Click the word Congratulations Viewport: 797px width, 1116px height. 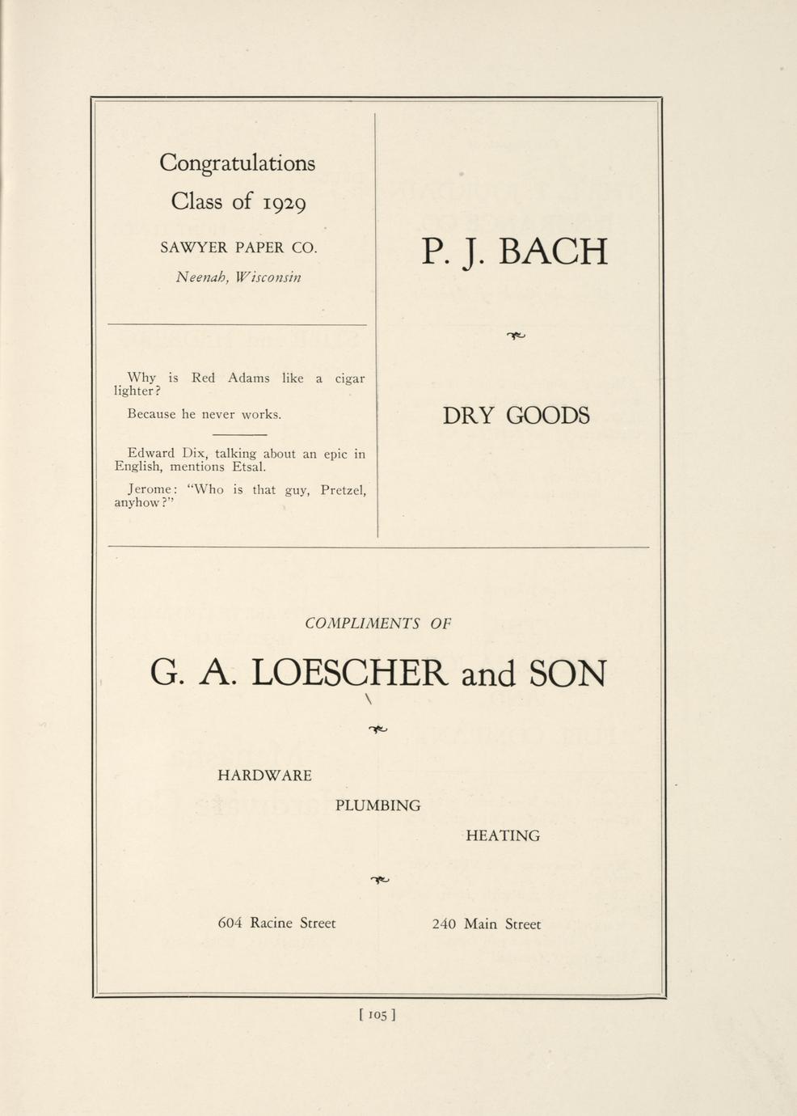237,163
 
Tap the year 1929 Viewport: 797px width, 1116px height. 285,202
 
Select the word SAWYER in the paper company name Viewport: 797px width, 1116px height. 193,247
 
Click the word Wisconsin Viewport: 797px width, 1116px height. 271,277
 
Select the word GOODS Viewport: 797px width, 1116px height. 548,416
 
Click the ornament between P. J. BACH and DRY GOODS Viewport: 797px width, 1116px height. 516,336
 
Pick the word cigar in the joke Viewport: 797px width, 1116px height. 349,378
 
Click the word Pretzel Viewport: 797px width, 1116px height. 343,490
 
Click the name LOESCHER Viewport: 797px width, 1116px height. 348,673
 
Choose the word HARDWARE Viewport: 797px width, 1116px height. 264,776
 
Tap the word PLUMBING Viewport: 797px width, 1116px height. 377,805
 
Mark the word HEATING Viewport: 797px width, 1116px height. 503,836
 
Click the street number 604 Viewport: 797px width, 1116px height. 230,924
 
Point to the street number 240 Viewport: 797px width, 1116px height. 444,924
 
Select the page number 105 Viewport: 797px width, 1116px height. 377,1014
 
